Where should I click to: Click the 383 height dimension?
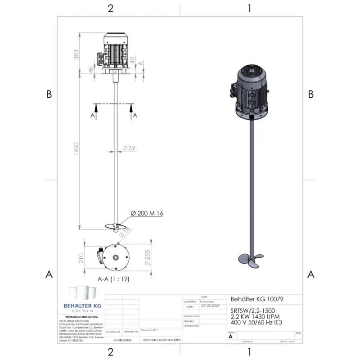76,54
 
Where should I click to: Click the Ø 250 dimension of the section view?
147,257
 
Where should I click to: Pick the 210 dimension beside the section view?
82,258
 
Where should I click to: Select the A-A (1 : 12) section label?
113,279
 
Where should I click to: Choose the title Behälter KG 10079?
257,298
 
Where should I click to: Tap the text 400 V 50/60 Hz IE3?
256,322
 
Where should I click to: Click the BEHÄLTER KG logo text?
82,306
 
